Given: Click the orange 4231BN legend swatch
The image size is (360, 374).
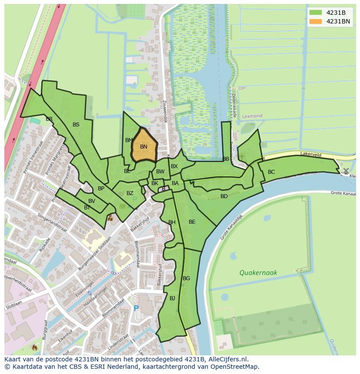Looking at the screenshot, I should click(316, 21).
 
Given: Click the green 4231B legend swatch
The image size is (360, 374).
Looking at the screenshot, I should click(316, 12).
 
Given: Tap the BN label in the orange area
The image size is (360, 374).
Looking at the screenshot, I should click(143, 147).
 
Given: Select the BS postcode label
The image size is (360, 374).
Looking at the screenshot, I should click(76, 125).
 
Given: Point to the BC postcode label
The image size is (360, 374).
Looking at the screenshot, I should click(271, 172).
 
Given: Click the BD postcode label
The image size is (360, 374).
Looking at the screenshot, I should click(224, 196).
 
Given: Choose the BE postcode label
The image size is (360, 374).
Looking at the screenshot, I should click(192, 222).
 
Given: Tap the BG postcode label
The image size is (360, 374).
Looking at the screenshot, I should click(186, 278).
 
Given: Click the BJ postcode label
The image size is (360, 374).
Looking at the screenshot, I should click(172, 298).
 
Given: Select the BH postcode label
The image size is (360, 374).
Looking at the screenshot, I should click(172, 222).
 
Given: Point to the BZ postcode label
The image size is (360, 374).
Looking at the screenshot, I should click(130, 193).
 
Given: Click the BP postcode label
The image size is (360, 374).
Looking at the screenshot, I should click(101, 189).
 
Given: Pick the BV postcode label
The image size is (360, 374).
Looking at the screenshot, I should click(91, 201).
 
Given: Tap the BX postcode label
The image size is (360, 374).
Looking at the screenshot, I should click(174, 166).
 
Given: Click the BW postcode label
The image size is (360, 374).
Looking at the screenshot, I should click(160, 172).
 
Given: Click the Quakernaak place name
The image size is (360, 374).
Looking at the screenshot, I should click(258, 273).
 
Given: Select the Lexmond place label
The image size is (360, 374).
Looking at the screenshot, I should click(252, 116).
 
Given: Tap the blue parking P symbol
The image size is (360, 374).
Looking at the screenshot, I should click(136, 308).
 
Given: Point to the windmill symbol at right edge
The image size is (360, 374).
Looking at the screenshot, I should click(346, 171).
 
